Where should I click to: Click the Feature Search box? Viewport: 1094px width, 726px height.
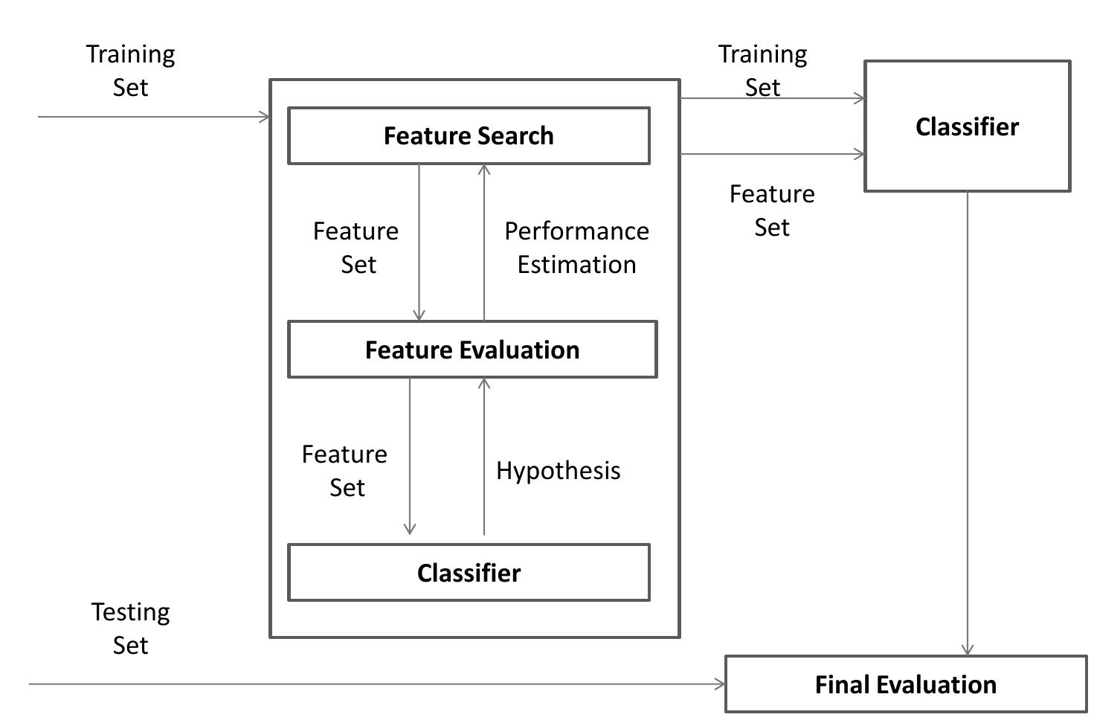click(x=469, y=136)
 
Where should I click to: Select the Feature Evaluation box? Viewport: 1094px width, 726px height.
click(x=472, y=350)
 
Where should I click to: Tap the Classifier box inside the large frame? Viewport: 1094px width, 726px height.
click(x=469, y=573)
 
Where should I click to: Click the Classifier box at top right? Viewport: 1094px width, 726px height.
click(x=967, y=126)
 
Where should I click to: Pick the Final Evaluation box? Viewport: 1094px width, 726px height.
click(x=905, y=684)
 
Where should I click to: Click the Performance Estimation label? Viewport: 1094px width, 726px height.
click(x=576, y=248)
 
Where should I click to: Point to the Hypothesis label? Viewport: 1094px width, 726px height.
click(x=558, y=471)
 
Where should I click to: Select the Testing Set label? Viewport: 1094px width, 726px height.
click(x=130, y=629)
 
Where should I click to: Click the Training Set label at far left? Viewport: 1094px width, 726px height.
click(x=130, y=71)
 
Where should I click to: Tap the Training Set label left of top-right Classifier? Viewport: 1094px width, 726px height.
click(x=762, y=71)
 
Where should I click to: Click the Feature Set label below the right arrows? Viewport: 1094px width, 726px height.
click(x=772, y=211)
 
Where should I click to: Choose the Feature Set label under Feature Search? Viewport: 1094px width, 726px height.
click(x=356, y=248)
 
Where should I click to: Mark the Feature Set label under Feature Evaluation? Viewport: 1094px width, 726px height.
click(x=345, y=471)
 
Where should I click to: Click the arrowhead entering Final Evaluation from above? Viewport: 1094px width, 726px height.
click(x=967, y=650)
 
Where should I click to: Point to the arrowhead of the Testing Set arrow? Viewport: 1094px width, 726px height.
click(x=720, y=684)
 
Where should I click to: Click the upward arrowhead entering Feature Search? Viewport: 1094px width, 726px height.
click(x=484, y=170)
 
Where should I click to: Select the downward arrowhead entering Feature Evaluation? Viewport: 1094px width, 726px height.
click(x=419, y=315)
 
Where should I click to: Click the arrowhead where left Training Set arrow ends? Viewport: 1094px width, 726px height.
click(x=265, y=117)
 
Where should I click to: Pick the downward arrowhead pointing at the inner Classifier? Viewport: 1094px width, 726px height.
click(x=409, y=529)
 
